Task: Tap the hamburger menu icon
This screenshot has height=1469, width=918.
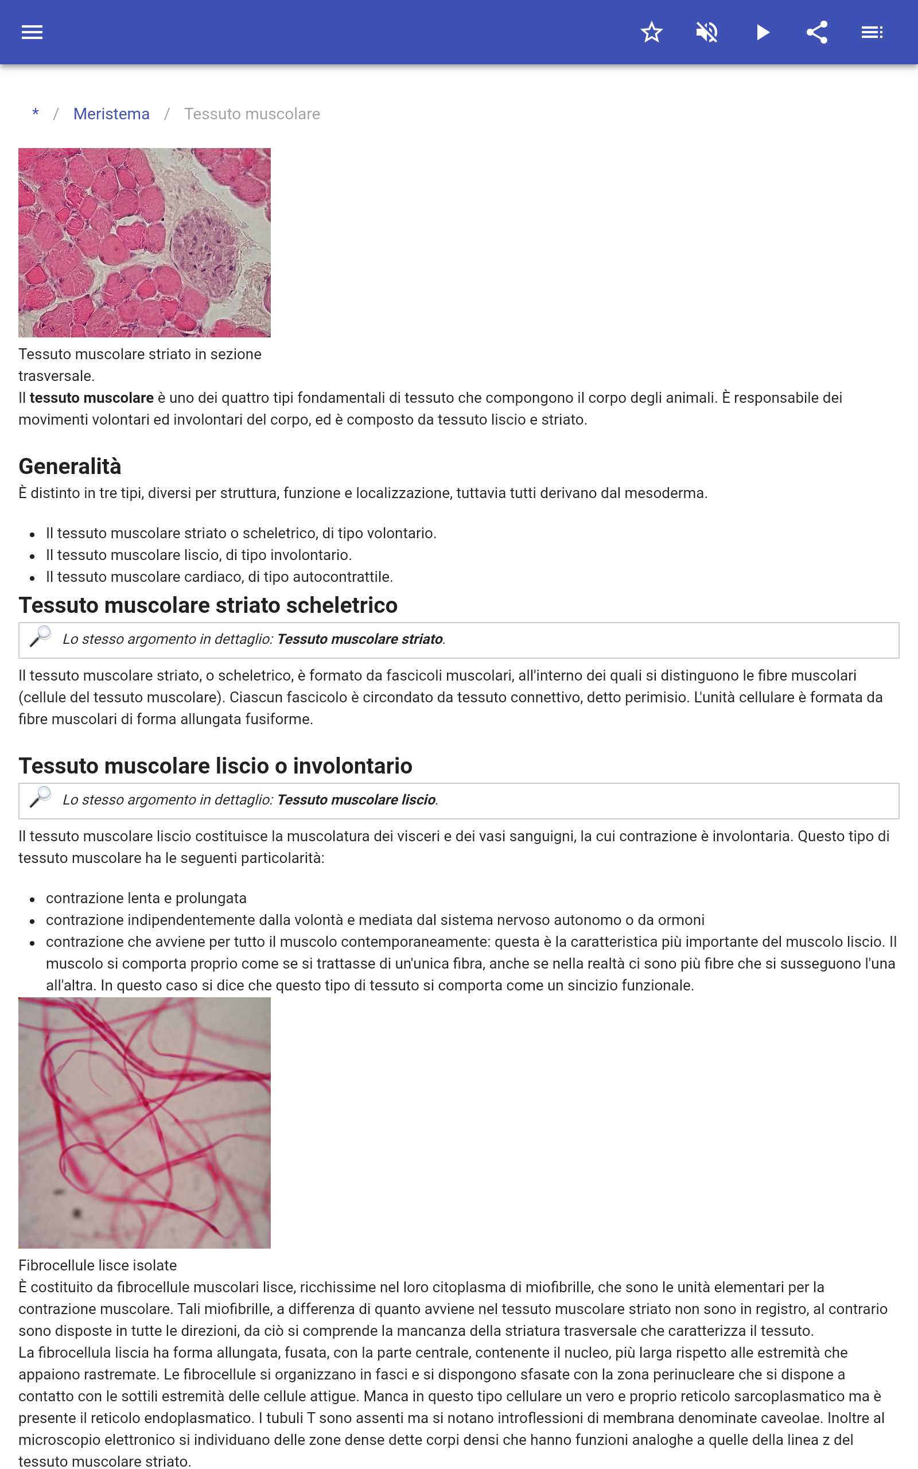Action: pos(32,32)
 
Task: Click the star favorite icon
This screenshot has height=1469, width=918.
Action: pos(651,32)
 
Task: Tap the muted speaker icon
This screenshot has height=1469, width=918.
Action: pos(707,32)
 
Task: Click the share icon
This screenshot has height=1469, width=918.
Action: pos(817,32)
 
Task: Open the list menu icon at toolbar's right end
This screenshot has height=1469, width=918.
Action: pos(872,32)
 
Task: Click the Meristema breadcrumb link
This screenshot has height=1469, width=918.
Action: pos(111,114)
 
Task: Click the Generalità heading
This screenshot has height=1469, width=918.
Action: pos(70,466)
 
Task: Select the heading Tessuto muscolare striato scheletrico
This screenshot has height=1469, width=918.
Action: pos(208,605)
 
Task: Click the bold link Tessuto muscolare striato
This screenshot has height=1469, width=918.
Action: pos(359,639)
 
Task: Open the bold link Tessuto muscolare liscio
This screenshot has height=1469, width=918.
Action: pos(356,800)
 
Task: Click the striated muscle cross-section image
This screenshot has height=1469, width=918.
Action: pos(145,242)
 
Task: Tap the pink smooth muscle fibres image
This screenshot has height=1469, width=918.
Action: pos(145,1122)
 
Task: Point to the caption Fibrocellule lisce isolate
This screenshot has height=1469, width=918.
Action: pos(98,1265)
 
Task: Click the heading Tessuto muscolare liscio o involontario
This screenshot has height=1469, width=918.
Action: pos(215,766)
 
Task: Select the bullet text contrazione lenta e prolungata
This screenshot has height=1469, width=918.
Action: pos(146,899)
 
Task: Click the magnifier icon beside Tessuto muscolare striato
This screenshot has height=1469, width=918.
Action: pos(41,637)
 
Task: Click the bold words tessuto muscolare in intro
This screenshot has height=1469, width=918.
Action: pos(92,398)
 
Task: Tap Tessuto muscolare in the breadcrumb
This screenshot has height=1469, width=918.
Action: pos(252,114)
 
